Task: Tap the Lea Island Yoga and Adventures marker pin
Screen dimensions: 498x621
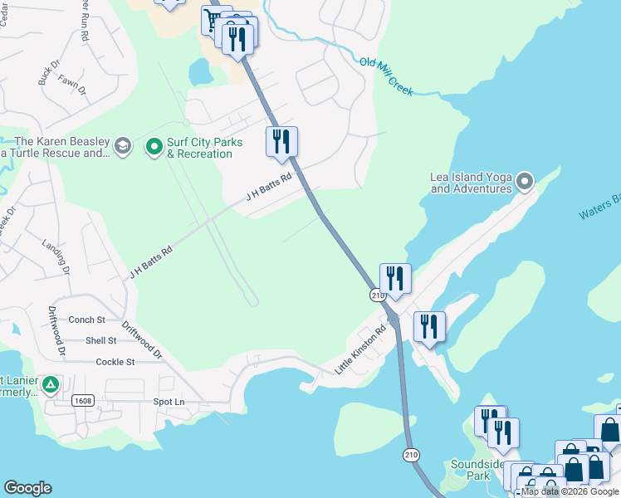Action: [x=524, y=180]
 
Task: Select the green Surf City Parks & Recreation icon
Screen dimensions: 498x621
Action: [x=154, y=147]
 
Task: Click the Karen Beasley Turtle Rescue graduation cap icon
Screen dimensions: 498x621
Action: [x=123, y=147]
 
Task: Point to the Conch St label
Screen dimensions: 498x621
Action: [x=87, y=320]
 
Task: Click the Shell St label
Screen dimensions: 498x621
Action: [x=100, y=340]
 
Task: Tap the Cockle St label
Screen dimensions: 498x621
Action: [x=115, y=362]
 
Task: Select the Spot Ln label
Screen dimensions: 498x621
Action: [x=169, y=402]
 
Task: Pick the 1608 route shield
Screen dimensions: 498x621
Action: [x=82, y=400]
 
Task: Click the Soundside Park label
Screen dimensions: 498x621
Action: [x=472, y=470]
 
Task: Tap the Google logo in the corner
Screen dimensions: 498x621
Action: [x=27, y=488]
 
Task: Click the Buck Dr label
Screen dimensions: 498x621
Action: [x=50, y=73]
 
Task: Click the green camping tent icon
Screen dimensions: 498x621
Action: [x=51, y=384]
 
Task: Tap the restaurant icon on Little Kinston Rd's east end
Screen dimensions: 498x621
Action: [x=429, y=325]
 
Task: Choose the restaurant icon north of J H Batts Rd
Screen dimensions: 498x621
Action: [x=281, y=141]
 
